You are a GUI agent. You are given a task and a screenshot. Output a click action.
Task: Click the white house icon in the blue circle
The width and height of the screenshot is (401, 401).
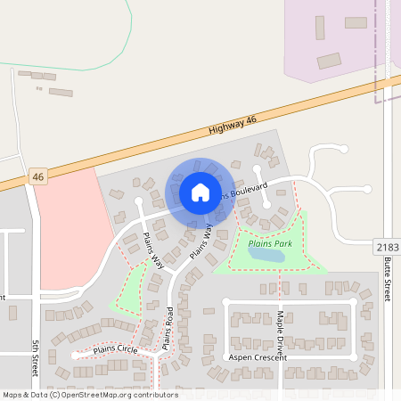tap(200, 192)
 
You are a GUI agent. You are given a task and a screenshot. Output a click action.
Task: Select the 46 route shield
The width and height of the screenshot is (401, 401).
tap(37, 177)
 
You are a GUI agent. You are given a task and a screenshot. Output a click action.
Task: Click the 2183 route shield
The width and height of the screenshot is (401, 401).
tap(386, 246)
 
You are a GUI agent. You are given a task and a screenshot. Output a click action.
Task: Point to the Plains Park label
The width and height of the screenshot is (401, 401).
tap(270, 242)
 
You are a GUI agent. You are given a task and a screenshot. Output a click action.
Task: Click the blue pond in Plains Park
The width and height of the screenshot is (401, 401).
tap(266, 255)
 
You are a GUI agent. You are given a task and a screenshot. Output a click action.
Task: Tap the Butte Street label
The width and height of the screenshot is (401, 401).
tap(387, 280)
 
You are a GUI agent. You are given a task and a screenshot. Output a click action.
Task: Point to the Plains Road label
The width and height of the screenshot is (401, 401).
tap(167, 327)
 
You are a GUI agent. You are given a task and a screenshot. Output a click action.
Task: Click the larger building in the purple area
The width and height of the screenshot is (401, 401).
tap(329, 61)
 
